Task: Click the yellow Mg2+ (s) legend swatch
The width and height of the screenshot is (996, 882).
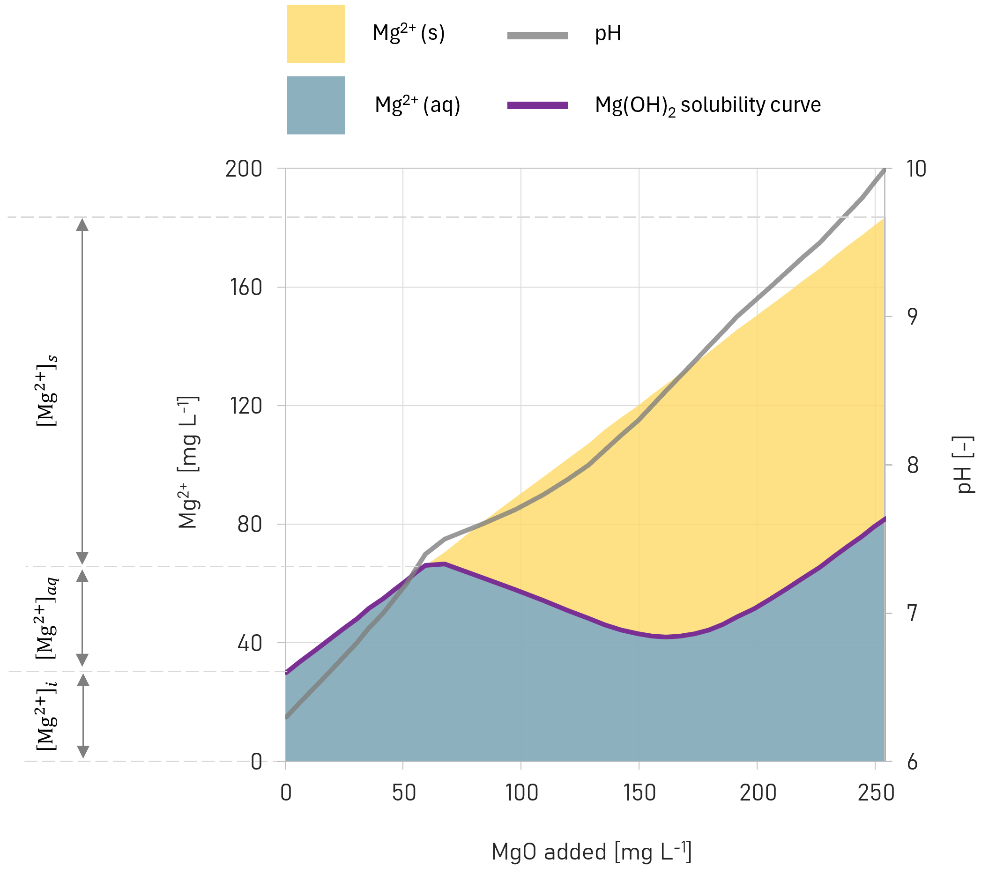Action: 316,34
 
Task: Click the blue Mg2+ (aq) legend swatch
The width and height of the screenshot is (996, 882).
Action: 316,105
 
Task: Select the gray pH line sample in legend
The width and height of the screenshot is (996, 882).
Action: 537,36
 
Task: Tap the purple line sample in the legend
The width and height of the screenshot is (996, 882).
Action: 537,106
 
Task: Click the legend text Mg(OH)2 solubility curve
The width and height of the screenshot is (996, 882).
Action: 707,106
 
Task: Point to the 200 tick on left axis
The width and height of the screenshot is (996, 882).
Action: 243,169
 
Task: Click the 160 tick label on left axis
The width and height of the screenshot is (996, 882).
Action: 245,288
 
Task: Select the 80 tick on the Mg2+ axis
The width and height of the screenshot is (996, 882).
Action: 249,525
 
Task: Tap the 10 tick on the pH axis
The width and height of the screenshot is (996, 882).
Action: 915,169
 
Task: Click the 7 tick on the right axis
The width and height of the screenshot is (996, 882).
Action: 912,614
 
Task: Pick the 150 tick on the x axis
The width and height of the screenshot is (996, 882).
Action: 639,793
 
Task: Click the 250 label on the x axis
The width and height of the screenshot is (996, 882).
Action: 876,793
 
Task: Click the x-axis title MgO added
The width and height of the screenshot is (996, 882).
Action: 591,852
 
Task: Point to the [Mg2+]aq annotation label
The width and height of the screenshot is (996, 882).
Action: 47,618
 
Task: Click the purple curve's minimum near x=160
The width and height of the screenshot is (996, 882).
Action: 666,637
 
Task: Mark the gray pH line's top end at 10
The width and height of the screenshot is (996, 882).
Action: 884,170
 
